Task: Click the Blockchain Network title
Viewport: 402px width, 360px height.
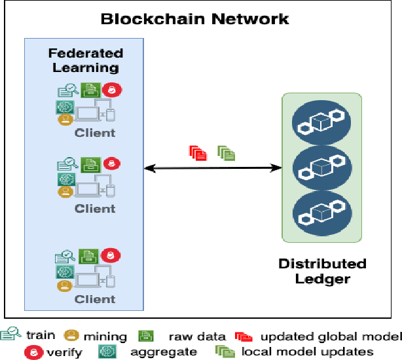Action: click(194, 18)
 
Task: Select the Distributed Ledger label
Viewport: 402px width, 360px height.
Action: click(322, 272)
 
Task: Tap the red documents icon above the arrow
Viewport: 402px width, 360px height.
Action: click(198, 153)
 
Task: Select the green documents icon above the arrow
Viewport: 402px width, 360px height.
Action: click(227, 153)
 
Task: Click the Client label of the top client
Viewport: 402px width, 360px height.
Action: click(95, 133)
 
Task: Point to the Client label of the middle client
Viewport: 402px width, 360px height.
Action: click(95, 209)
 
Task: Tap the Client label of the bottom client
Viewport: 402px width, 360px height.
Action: click(95, 299)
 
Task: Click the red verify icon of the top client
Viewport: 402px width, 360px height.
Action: click(113, 91)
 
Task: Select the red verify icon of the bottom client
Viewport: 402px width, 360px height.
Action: click(113, 255)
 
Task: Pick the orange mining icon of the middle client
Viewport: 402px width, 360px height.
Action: click(65, 192)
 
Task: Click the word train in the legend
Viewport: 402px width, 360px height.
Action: click(41, 336)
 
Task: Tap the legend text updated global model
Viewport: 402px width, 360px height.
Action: click(331, 336)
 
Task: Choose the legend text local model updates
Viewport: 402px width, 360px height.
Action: click(306, 352)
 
